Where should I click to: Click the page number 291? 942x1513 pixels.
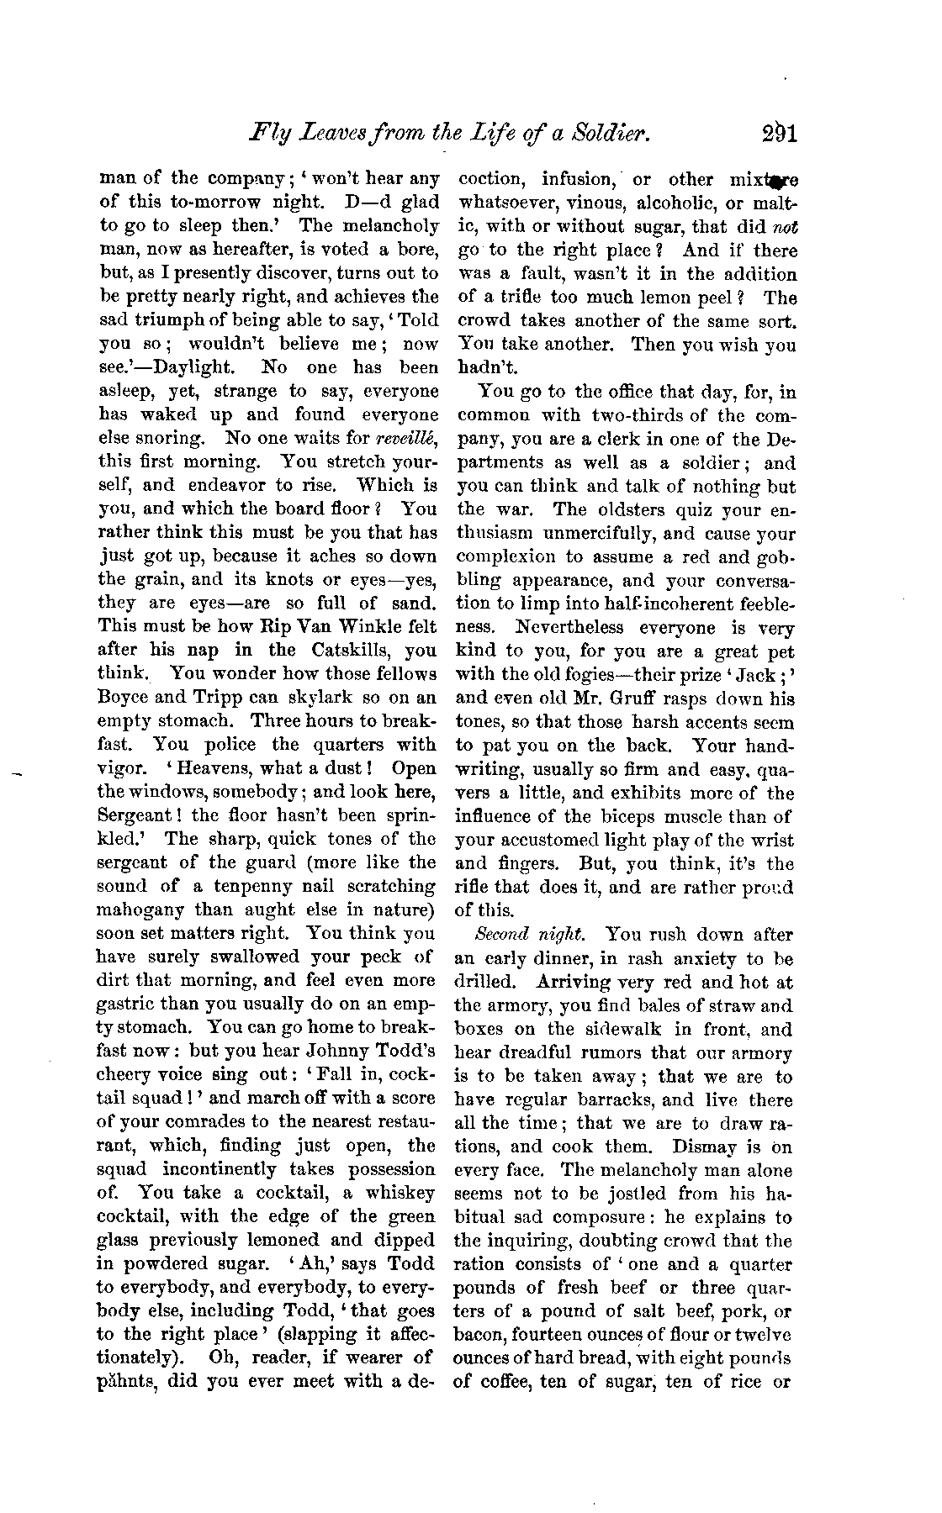[x=775, y=132]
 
